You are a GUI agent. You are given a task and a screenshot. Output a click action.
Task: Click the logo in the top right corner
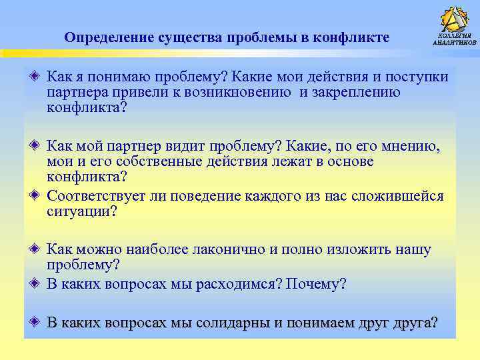point(455,23)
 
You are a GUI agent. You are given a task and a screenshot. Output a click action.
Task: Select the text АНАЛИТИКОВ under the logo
point(455,42)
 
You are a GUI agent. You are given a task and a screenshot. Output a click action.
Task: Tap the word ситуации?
point(81,212)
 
